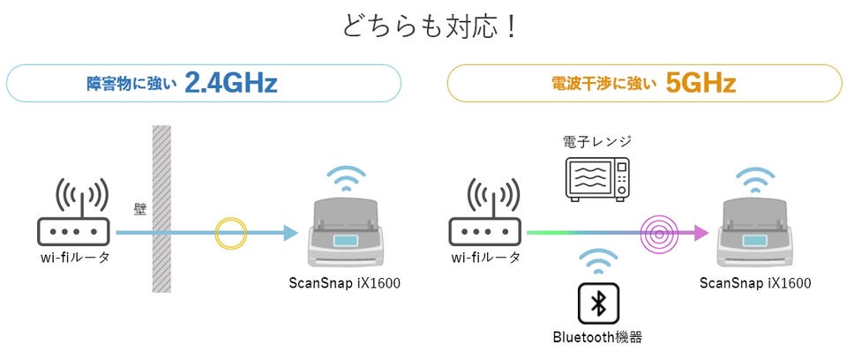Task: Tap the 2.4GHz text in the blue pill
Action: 232,84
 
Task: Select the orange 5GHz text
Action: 701,84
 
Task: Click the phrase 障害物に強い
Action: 133,85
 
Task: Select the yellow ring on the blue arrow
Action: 232,233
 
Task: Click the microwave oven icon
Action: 597,180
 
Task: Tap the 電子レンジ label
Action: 596,141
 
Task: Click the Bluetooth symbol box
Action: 598,304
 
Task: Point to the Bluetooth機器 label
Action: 598,336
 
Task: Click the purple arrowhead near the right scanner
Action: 701,233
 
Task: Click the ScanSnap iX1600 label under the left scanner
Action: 343,283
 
